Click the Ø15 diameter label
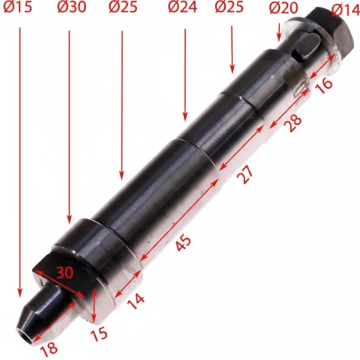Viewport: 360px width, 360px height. tap(17, 9)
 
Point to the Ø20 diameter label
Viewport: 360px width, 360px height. tap(284, 9)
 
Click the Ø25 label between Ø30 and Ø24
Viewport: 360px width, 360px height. tap(123, 9)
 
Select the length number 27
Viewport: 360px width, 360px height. tap(246, 176)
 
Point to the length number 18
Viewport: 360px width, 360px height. tap(50, 347)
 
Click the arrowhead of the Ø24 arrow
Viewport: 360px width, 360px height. tap(184, 116)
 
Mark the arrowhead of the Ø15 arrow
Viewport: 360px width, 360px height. tap(21, 296)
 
